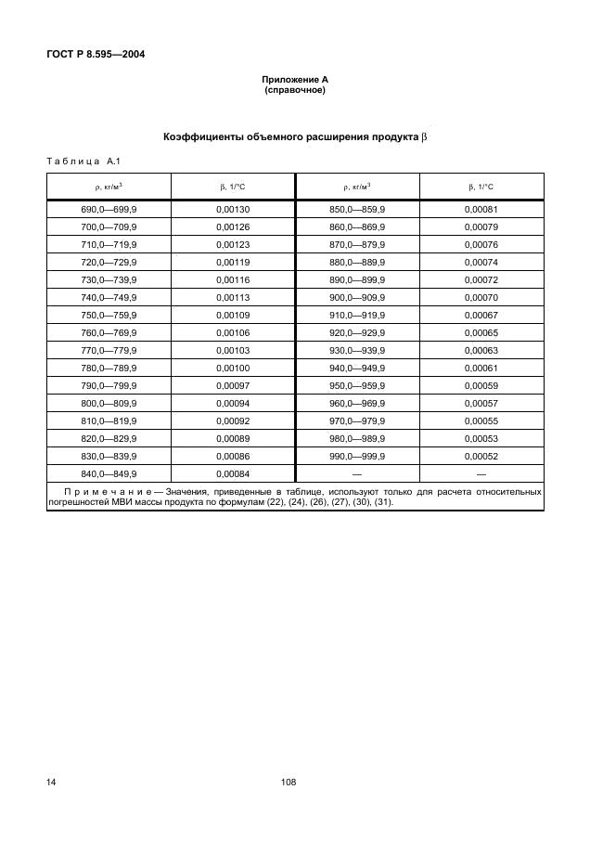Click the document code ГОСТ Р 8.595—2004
point(96,54)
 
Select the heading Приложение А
point(295,82)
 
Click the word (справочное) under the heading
point(295,92)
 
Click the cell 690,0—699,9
point(109,210)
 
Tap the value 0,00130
point(233,210)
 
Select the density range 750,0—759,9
point(109,316)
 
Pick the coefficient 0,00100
point(233,369)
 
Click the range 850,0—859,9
point(357,210)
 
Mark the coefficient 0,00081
point(481,210)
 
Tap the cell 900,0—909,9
point(357,298)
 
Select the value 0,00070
point(481,298)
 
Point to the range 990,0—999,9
point(357,457)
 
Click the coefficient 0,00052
point(481,457)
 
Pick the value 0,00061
point(481,369)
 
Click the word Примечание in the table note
point(107,490)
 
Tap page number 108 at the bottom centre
point(288,783)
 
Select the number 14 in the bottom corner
point(52,783)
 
